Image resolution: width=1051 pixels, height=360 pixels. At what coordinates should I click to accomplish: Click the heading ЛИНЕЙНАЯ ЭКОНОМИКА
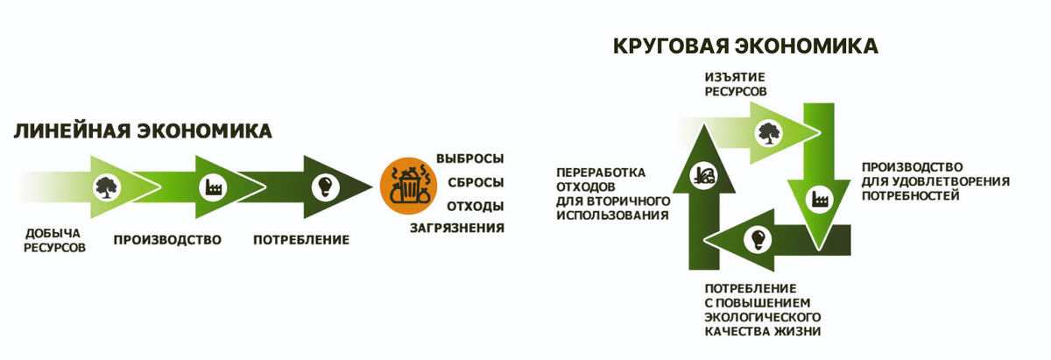(x=143, y=131)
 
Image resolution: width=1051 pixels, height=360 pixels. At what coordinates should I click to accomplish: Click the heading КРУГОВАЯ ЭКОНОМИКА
(x=745, y=46)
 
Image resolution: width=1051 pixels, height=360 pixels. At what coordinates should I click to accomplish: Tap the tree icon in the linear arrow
(x=106, y=185)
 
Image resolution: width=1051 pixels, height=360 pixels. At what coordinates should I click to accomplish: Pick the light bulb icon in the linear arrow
(x=325, y=186)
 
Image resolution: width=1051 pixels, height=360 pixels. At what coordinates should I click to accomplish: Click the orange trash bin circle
(x=406, y=186)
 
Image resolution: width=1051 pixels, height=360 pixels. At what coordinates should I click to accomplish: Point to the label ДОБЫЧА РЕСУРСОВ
(x=55, y=240)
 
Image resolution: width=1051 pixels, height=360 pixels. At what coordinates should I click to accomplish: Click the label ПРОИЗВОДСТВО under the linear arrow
(x=167, y=239)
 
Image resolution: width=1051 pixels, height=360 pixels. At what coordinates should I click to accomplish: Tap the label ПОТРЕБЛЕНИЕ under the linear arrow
(x=301, y=239)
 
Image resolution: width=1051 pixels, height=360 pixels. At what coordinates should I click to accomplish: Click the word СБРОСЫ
(x=476, y=182)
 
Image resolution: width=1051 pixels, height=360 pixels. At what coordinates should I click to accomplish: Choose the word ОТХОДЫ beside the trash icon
(x=476, y=206)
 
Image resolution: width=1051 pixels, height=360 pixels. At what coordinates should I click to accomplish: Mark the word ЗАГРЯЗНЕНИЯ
(x=457, y=229)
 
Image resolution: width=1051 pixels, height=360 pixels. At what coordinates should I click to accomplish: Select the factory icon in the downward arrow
(x=822, y=197)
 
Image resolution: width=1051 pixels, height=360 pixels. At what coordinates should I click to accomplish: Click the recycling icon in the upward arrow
(x=703, y=173)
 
